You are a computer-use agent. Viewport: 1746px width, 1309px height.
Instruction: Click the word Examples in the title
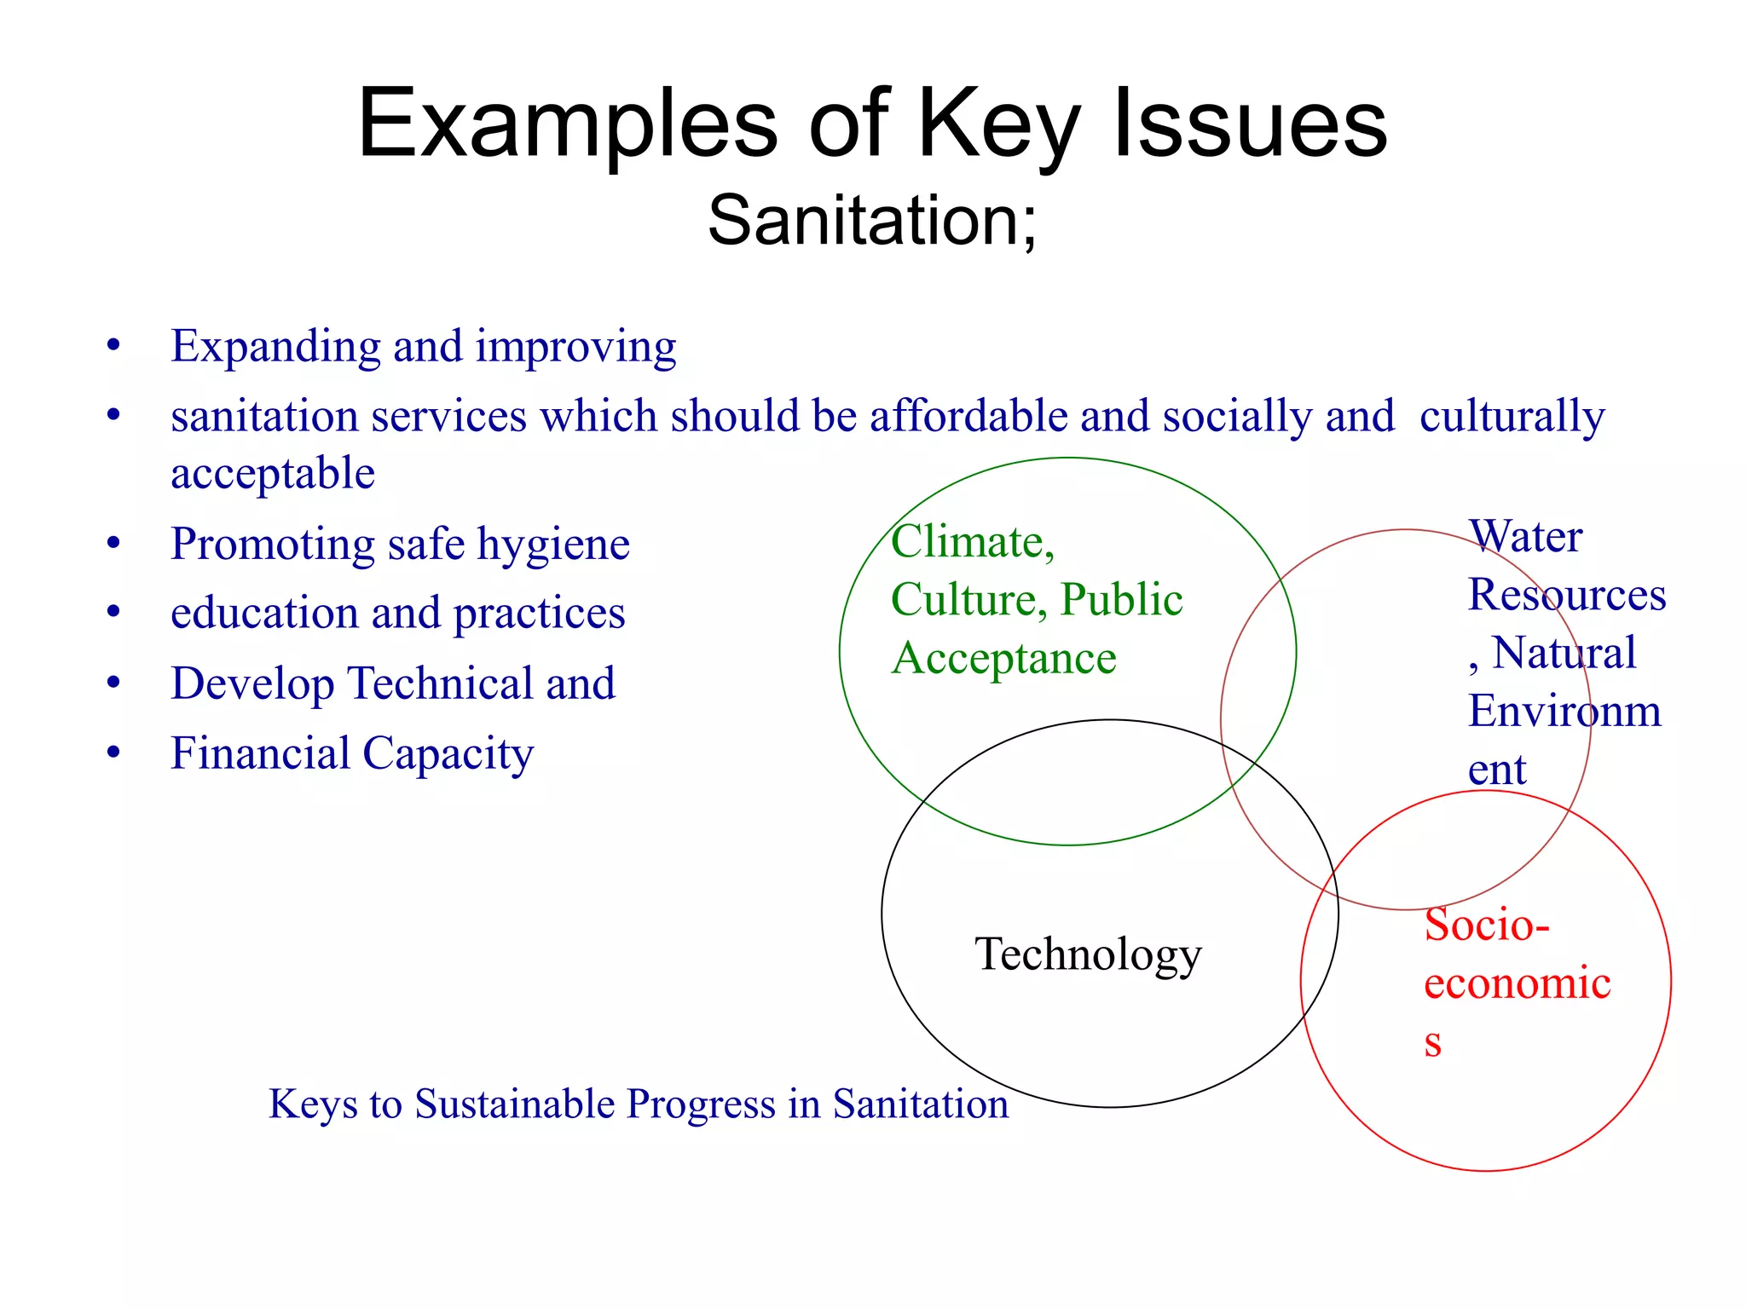(x=567, y=126)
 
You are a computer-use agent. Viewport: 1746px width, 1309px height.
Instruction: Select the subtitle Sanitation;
(x=872, y=221)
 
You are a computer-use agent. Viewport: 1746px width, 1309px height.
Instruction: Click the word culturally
(x=1512, y=417)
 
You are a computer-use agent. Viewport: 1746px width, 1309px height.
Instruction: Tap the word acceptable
(x=273, y=473)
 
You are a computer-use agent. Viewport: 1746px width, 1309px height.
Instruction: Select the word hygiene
(x=553, y=545)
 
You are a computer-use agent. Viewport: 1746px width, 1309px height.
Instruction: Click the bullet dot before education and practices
(x=113, y=612)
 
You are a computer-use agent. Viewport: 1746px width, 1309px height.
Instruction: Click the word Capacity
(x=448, y=754)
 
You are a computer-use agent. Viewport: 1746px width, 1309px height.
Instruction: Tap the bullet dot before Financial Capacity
(x=113, y=753)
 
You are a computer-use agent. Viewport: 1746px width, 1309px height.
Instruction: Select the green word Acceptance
(x=1003, y=659)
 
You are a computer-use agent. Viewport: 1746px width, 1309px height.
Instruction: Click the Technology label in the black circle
(x=1088, y=954)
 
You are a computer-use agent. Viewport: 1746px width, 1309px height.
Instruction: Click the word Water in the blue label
(x=1525, y=537)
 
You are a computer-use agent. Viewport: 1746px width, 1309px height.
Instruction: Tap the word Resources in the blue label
(x=1566, y=595)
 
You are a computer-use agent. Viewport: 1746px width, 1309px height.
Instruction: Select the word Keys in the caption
(x=313, y=1104)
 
